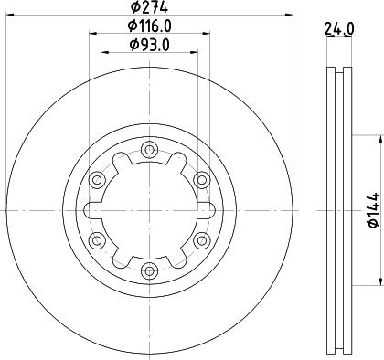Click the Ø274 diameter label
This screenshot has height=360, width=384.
coord(149,7)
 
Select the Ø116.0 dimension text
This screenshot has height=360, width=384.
coord(149,26)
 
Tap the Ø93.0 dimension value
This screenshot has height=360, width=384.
coord(149,45)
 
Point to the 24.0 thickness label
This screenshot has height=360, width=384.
coord(339,28)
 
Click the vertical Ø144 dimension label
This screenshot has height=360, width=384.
coord(374,210)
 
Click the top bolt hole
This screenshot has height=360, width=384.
coord(149,150)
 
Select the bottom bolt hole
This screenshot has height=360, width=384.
coord(149,270)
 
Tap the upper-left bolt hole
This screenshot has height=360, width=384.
coord(97,180)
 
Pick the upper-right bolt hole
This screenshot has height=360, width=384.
coord(201,180)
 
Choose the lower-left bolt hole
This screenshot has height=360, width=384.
coord(97,240)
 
